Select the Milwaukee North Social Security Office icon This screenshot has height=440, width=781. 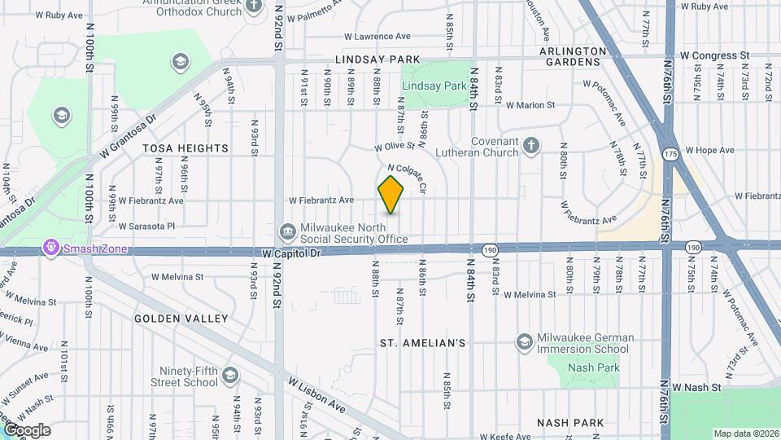pos(287,232)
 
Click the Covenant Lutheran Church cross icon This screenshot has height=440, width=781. pos(530,145)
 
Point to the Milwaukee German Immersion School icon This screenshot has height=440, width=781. pos(524,341)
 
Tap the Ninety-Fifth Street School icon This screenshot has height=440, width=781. pos(229,376)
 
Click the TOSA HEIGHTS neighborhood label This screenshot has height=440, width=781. pos(185,148)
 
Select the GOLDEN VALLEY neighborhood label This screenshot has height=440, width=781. pos(181,319)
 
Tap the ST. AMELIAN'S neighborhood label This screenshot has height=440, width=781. pos(423,343)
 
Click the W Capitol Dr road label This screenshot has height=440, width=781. pos(293,254)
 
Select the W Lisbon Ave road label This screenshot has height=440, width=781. pos(316,395)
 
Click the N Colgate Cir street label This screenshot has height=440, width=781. pos(408,178)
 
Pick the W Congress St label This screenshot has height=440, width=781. pos(714,55)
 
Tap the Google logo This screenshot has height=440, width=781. pos(27,430)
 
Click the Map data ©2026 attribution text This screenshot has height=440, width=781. pos(746,433)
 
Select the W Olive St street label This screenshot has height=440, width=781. pos(395,147)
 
